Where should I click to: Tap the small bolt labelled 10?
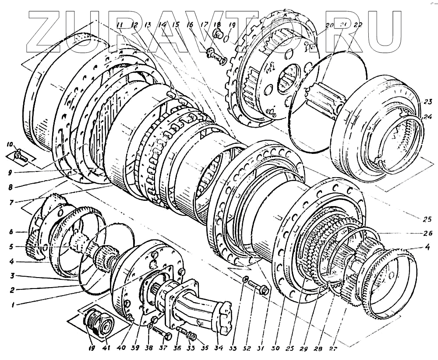point(21,155)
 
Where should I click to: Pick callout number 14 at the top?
point(162,25)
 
